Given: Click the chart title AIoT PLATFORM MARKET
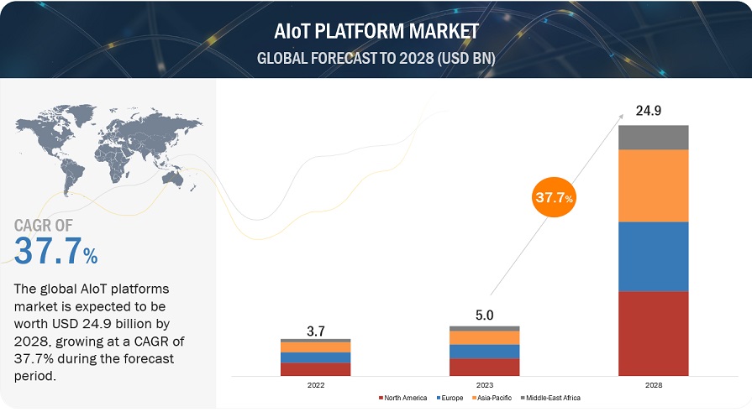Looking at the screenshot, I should (376, 31).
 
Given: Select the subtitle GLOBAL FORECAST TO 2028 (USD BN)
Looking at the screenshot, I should (376, 59).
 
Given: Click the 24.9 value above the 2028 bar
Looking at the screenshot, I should (653, 110).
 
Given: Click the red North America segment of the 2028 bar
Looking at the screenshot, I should (653, 333).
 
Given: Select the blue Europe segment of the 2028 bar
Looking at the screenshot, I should (653, 256).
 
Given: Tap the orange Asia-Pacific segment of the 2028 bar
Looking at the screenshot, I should (653, 185).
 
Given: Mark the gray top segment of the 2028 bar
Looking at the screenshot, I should (653, 138).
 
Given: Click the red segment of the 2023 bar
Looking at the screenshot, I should (484, 367).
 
